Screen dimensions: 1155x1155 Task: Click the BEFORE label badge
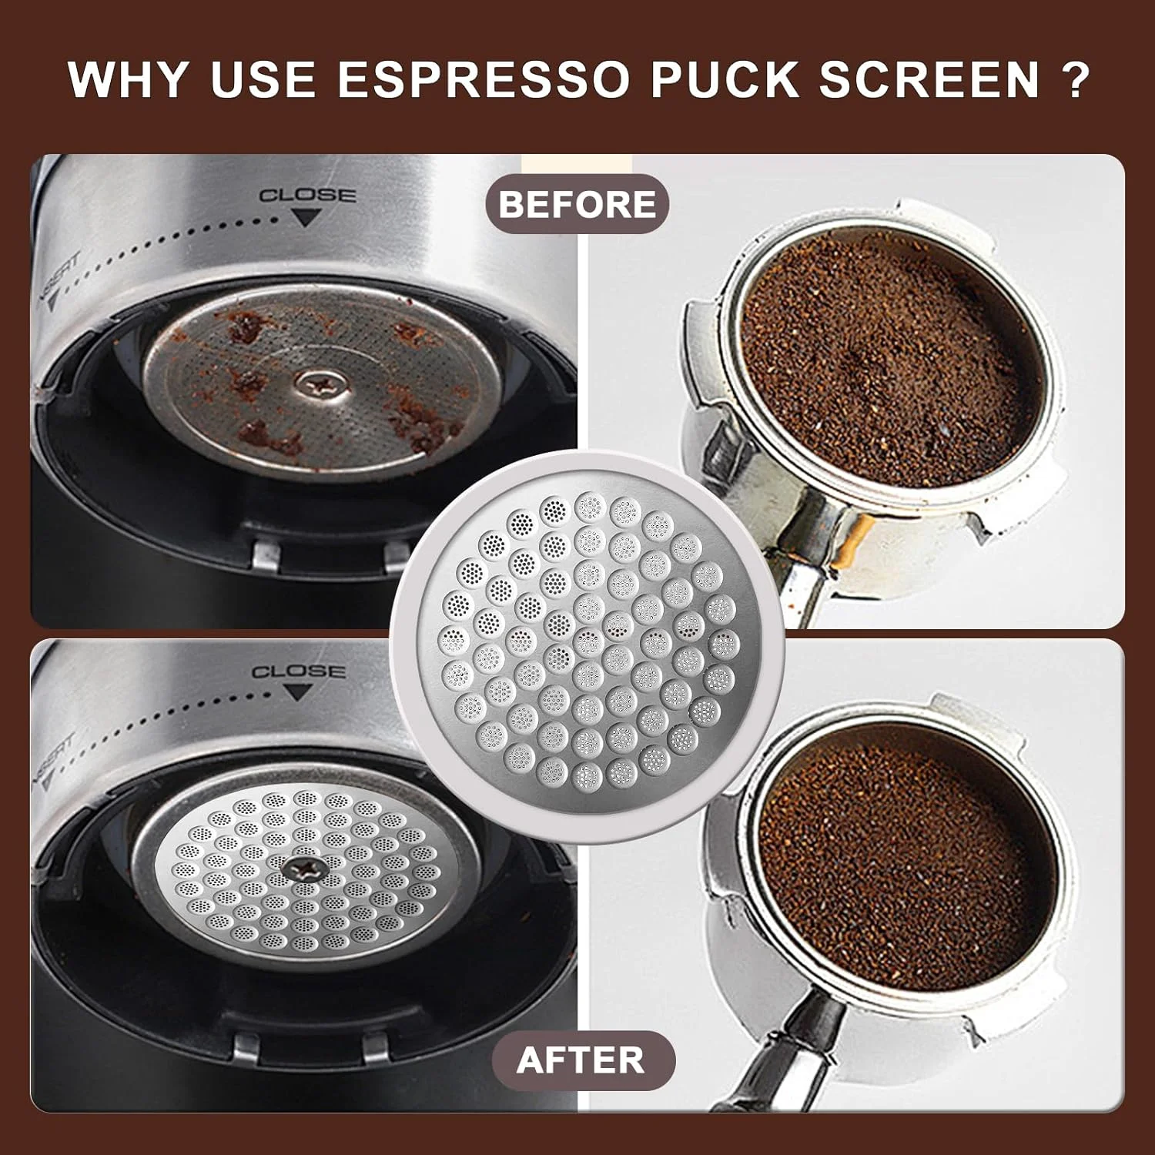click(577, 204)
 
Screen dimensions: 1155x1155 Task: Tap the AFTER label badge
click(581, 1060)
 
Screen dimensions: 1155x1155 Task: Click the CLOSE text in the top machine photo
click(307, 196)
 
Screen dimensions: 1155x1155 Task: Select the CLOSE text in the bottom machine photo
click(298, 671)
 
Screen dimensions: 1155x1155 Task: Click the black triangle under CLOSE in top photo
click(307, 219)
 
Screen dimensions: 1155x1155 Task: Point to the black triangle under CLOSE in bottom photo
click(297, 693)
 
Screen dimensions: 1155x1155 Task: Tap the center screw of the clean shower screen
click(303, 870)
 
